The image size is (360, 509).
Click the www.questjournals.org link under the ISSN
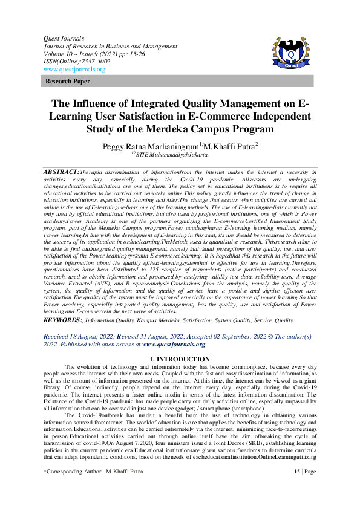click(x=70, y=69)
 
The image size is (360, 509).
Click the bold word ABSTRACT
click(x=62, y=172)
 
